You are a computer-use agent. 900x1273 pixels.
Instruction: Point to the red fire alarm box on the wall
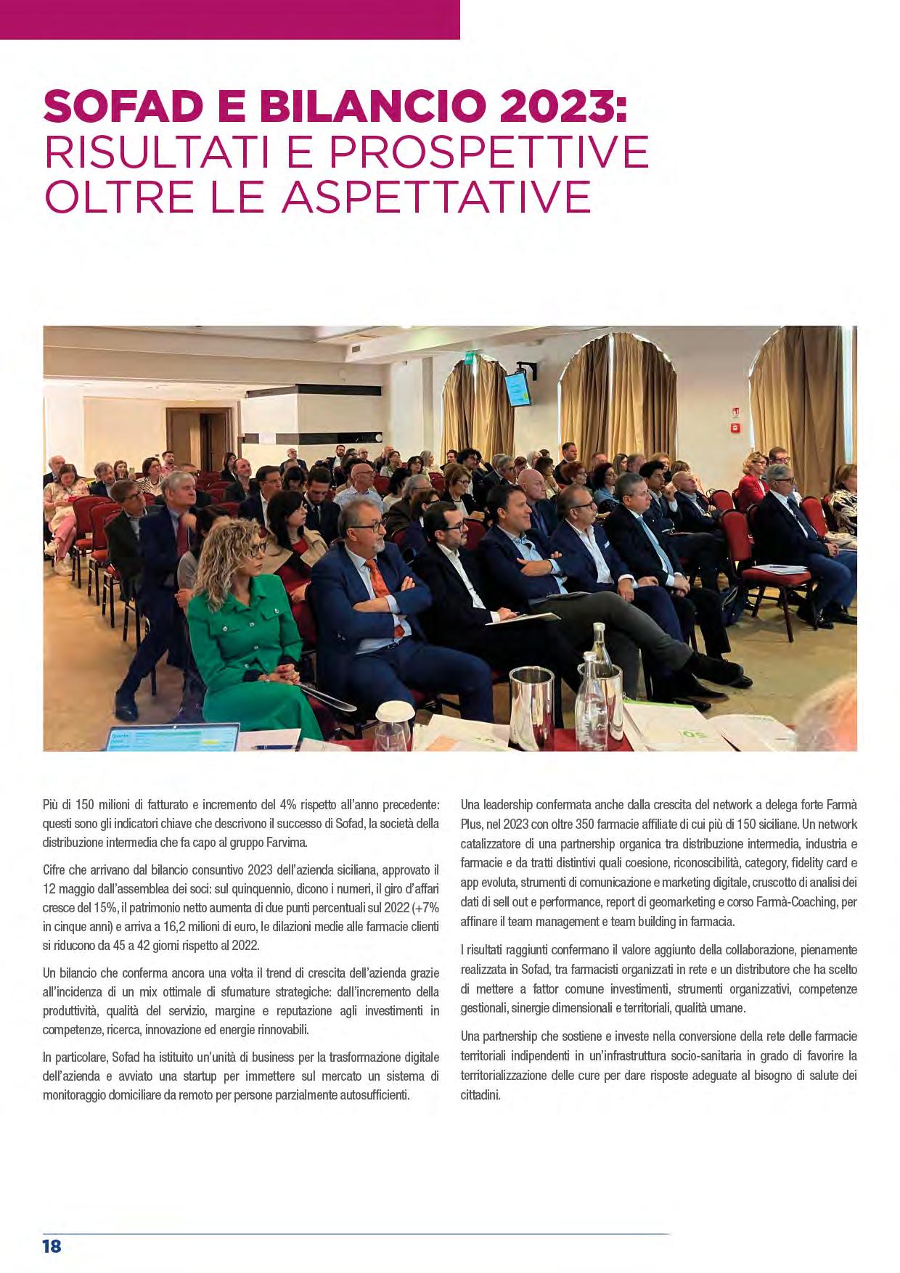(735, 428)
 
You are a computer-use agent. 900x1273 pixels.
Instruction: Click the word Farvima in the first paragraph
(287, 843)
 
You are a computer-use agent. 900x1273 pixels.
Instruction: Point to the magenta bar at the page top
(229, 19)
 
